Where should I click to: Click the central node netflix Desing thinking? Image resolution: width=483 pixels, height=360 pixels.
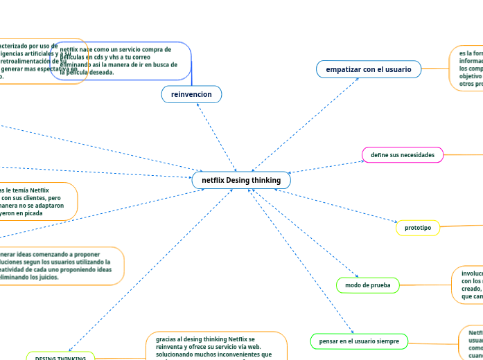pos(241,180)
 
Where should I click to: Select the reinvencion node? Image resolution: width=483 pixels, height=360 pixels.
pos(191,93)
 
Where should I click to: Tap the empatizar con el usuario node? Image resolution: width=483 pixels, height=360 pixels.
pos(369,69)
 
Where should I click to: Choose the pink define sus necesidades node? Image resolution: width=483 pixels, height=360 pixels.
pos(403,154)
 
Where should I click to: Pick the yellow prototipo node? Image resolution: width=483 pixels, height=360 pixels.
pos(418,228)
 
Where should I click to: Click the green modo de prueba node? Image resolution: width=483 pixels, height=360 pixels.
pos(367,285)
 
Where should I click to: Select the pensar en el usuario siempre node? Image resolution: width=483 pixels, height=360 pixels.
pos(359,341)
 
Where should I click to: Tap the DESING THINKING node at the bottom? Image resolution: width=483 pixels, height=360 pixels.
pos(60,357)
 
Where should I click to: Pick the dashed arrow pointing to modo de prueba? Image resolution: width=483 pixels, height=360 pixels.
pos(305,233)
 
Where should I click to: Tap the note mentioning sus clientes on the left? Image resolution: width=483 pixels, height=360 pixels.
pos(35,201)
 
